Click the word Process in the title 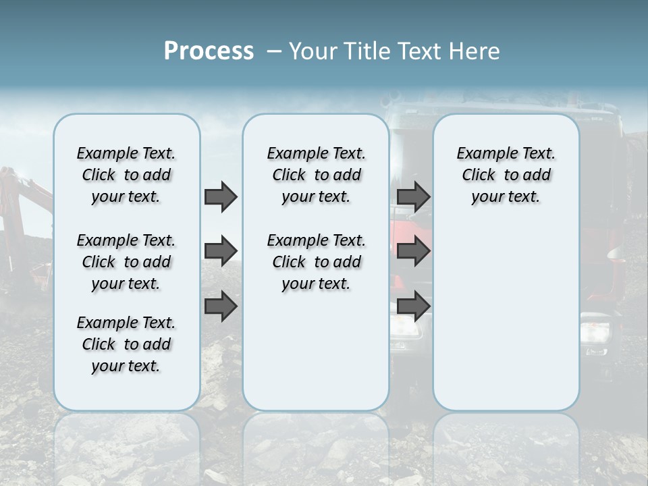[209, 51]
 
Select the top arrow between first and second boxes [221, 197]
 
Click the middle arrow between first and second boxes [221, 251]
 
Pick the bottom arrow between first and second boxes [221, 306]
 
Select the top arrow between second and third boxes [413, 197]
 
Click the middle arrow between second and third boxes [413, 251]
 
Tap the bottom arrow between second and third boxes [413, 306]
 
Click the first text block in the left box [126, 175]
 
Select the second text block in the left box [126, 262]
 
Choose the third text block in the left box [126, 344]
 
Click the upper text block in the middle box [316, 175]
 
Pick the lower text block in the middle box [316, 262]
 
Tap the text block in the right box [506, 175]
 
